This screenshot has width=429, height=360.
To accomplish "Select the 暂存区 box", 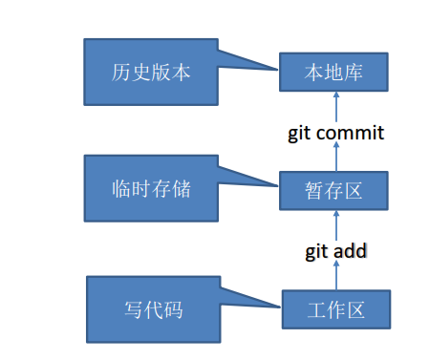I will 334,190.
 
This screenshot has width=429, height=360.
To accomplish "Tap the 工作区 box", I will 336,310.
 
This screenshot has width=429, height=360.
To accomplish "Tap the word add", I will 351,252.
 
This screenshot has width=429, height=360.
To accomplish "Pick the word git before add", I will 317,252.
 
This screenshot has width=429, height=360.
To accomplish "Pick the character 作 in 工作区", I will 336,310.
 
